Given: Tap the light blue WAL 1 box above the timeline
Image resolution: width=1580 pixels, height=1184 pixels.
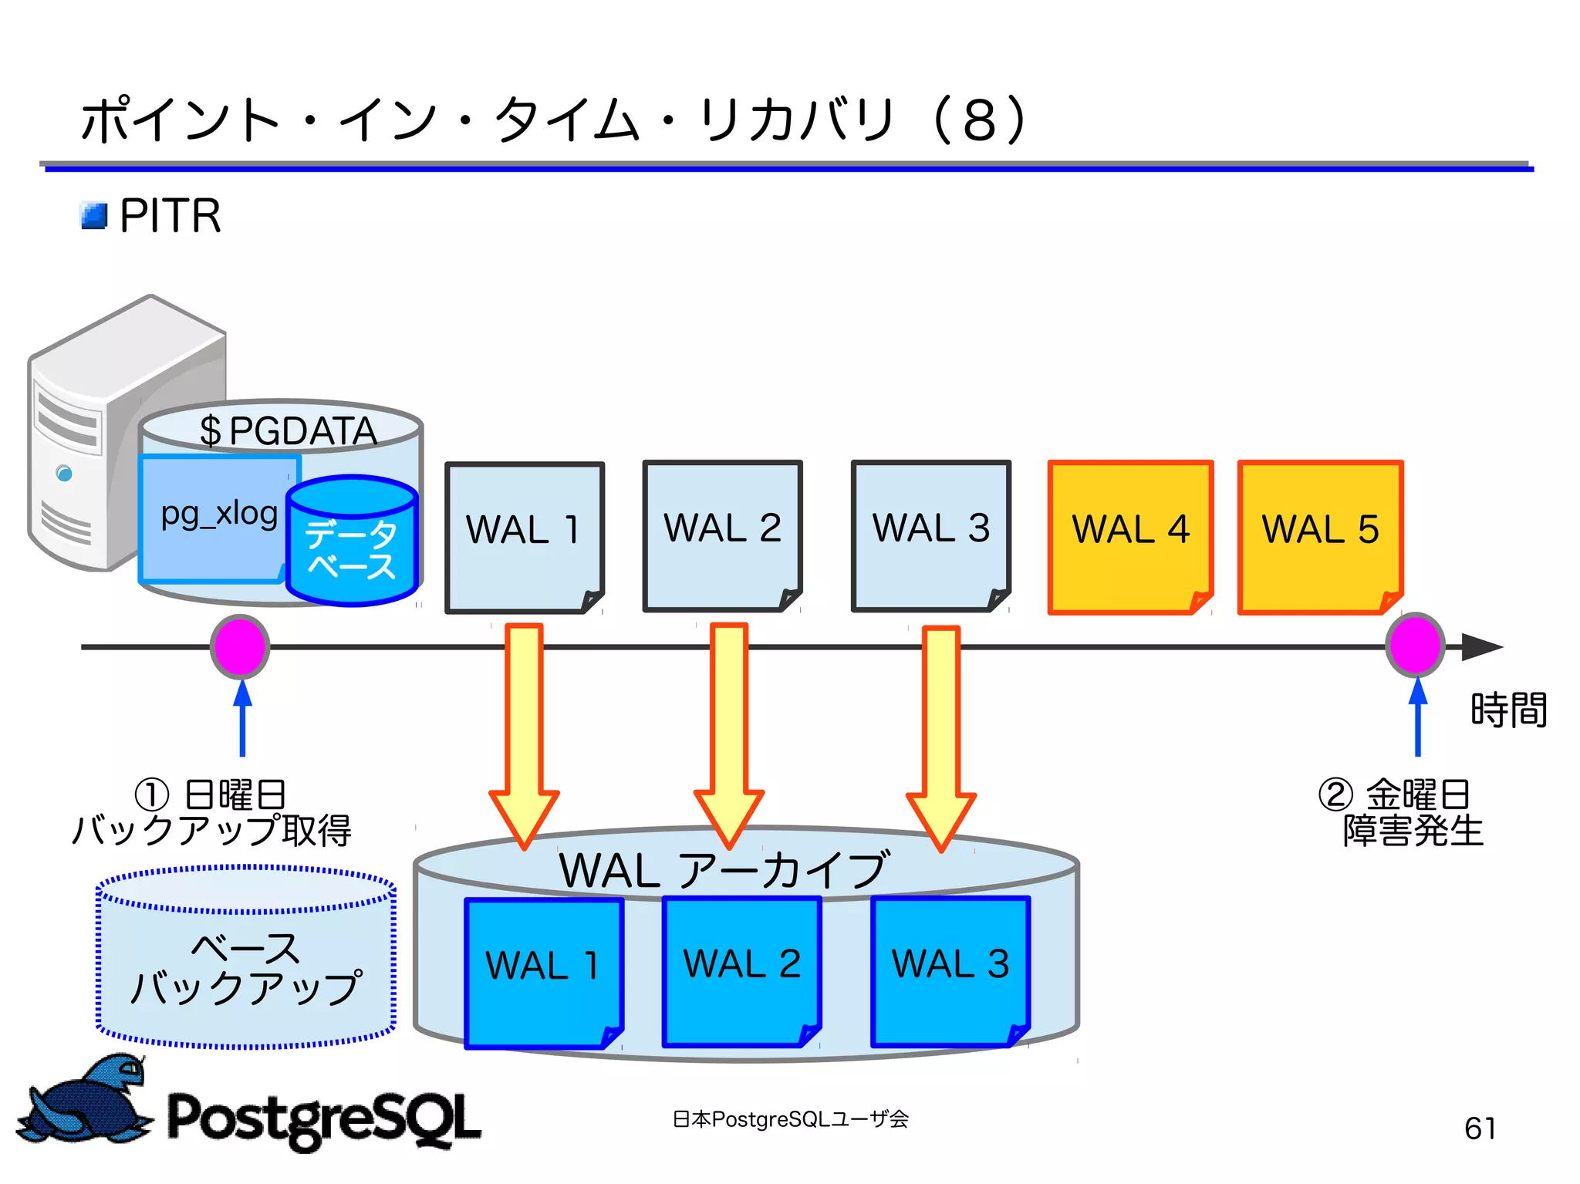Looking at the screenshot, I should pyautogui.click(x=524, y=537).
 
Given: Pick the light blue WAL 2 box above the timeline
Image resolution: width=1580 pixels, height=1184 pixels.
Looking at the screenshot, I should pyautogui.click(x=722, y=535).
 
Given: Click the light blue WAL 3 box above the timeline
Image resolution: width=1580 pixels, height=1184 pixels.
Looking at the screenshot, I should pyautogui.click(x=930, y=535).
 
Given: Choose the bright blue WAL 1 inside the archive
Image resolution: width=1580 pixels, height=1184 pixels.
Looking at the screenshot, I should pyautogui.click(x=543, y=972).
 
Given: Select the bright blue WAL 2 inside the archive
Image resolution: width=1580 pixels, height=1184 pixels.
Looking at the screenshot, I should pyautogui.click(x=741, y=970).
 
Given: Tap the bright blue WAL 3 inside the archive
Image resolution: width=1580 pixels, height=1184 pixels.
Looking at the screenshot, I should pyautogui.click(x=950, y=970).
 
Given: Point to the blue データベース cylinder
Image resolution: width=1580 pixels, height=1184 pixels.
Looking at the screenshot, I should pyautogui.click(x=352, y=543).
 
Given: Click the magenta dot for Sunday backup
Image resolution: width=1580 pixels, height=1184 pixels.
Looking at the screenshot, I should pyautogui.click(x=240, y=646).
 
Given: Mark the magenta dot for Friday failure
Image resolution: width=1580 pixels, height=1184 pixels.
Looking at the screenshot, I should pyautogui.click(x=1415, y=645).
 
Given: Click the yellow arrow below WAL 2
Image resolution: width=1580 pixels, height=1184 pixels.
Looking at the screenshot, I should pyautogui.click(x=729, y=733).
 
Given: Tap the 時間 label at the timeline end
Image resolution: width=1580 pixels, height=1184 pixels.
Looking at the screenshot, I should pyautogui.click(x=1507, y=710).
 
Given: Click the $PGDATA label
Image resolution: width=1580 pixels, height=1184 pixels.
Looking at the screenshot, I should pyautogui.click(x=288, y=430).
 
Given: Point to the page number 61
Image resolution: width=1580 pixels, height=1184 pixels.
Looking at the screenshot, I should pyautogui.click(x=1480, y=1128).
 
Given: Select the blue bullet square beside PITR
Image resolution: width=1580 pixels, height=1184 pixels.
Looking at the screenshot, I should pyautogui.click(x=94, y=216).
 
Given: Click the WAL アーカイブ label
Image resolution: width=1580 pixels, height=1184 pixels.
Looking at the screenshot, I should pyautogui.click(x=724, y=870).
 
